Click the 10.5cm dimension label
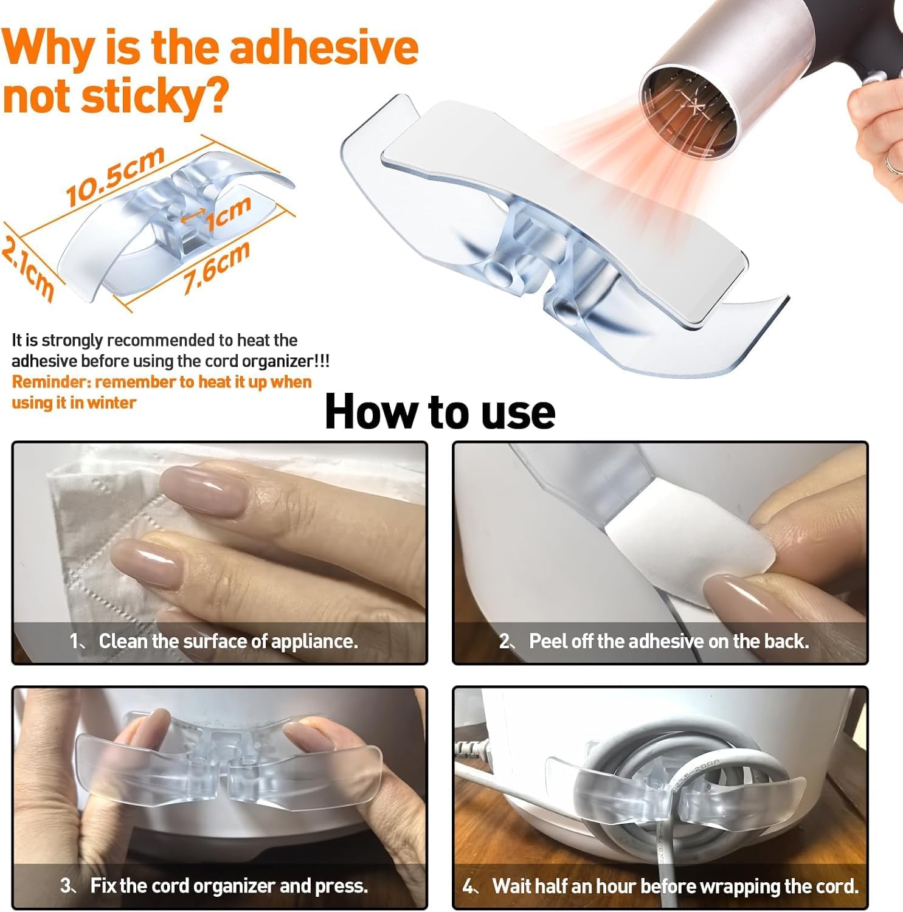pos(116,176)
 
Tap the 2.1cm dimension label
pos(28,268)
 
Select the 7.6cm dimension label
pos(216,268)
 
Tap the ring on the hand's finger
pos(893,162)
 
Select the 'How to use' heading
pos(440,412)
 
